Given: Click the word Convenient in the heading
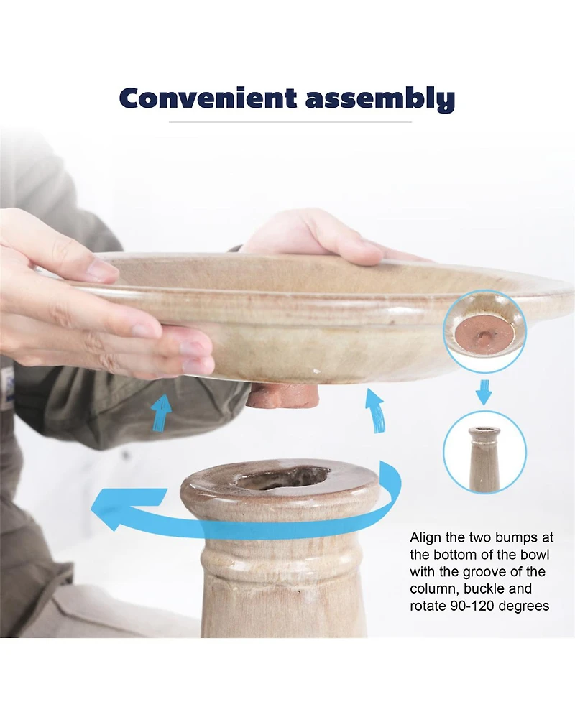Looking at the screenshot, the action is pos(208,98).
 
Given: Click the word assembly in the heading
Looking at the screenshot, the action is pos(380,98).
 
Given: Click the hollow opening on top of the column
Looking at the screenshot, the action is pos(283,478).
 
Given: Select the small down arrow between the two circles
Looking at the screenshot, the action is pos(484,392).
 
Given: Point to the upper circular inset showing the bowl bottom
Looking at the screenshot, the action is pos(484,331).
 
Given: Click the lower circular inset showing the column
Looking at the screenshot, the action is pos(484,452).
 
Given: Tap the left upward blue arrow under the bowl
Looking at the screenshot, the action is pos(162,412).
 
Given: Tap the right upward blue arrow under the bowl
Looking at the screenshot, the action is pos(375,410).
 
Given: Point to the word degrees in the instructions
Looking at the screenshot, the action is pos(523,606).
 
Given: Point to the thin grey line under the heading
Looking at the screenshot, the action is pos(290,121).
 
